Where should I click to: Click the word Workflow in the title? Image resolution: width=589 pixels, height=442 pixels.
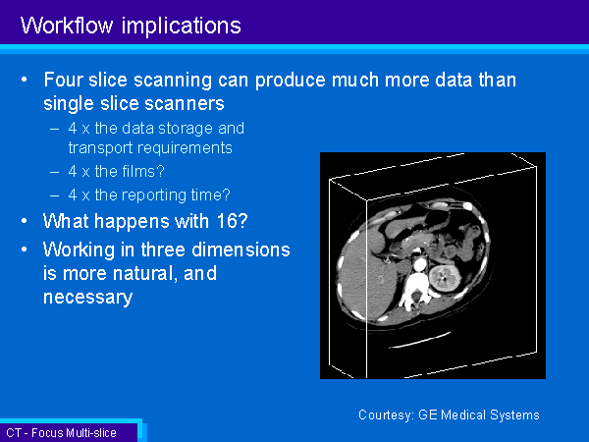pos(67,26)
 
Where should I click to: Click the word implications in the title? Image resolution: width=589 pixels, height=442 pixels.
pos(181,27)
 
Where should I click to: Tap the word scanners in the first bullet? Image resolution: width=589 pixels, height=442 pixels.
pos(185,103)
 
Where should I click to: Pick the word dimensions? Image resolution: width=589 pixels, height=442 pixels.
pos(241,249)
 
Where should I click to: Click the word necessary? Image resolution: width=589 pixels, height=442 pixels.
pos(88,298)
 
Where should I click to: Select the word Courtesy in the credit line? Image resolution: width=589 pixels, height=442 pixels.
pos(386,414)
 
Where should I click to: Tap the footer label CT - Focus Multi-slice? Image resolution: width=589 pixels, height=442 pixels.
pos(61,433)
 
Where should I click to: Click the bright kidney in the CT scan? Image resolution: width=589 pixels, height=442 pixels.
pos(445,277)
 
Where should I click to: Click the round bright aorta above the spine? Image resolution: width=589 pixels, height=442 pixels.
pos(419,265)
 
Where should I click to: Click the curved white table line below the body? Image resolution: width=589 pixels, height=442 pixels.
pos(419,341)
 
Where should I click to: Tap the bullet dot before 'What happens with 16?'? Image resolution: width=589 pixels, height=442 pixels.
pos(24,221)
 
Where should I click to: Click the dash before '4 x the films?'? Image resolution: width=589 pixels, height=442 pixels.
pos(54,172)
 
